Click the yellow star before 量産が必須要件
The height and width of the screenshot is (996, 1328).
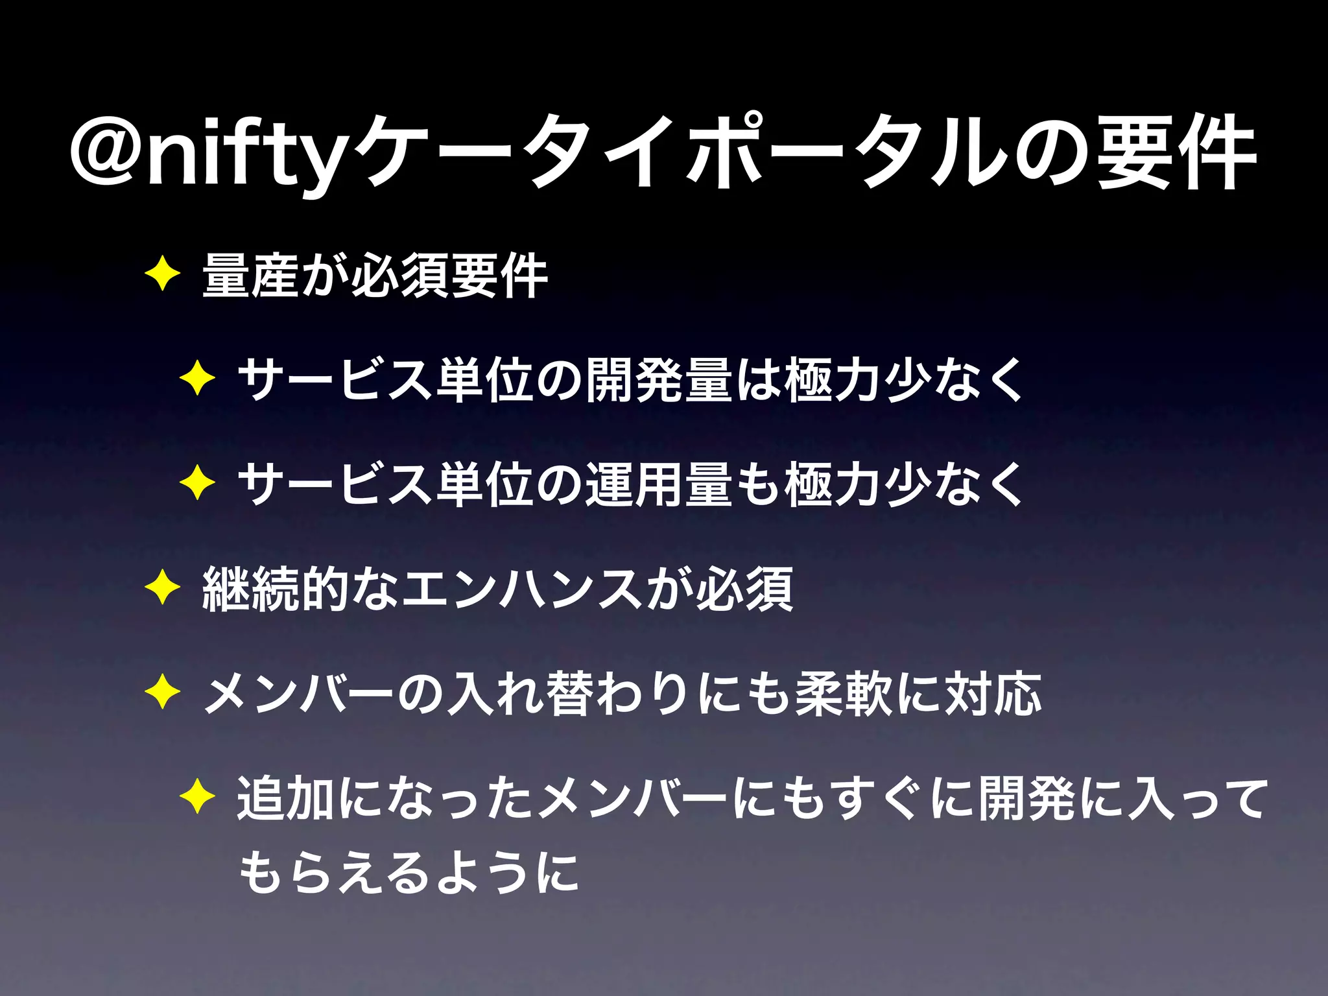163,275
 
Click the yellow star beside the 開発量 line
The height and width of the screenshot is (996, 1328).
198,379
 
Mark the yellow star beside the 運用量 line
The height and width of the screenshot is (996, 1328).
198,484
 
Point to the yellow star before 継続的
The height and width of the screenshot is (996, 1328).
163,588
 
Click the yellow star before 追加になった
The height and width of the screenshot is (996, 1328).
198,798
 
